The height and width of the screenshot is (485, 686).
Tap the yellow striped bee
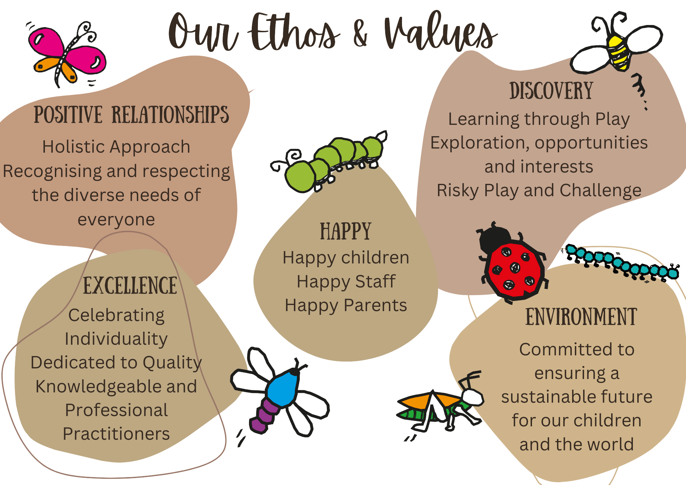click(x=617, y=48)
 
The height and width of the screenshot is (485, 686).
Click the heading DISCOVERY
click(x=551, y=91)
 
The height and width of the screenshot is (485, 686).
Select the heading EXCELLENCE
click(x=130, y=285)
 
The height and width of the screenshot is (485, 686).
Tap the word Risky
click(x=458, y=191)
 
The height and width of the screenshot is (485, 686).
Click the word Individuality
click(x=116, y=339)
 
